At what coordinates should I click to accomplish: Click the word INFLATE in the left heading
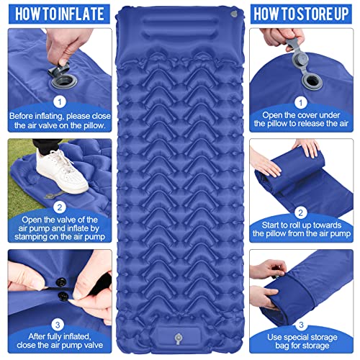[81, 12]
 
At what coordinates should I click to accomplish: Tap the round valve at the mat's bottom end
[180, 333]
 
